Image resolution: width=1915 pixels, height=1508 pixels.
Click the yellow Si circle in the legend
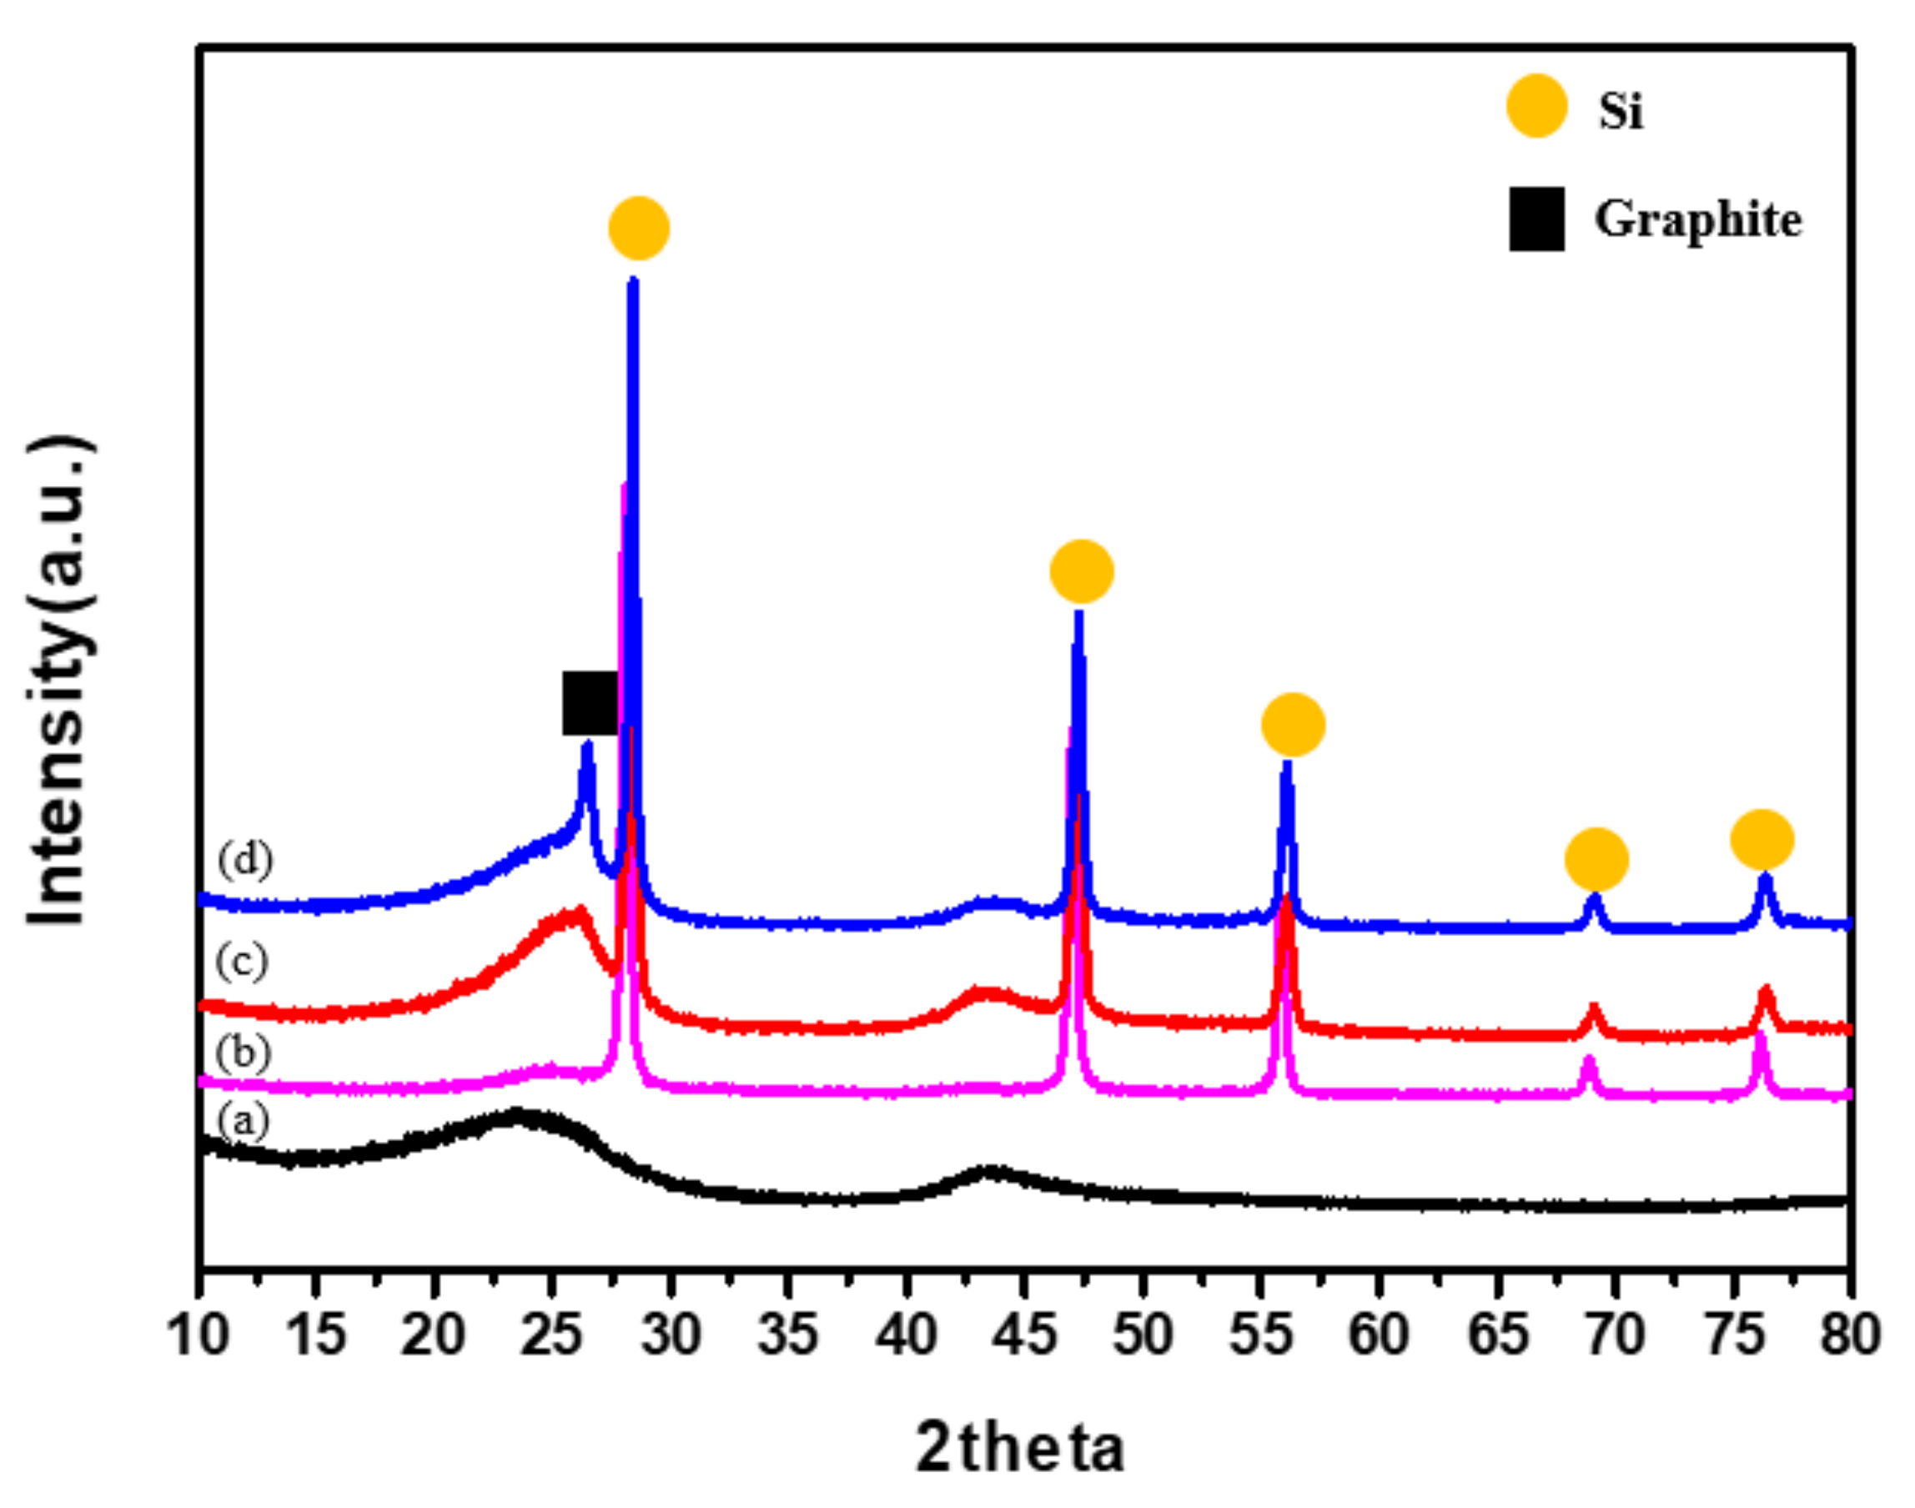(x=1536, y=107)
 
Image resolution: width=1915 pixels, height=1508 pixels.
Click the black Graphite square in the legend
(x=1536, y=219)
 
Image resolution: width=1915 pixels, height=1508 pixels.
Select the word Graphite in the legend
(x=1697, y=220)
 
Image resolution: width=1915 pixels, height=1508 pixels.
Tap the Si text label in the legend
(x=1620, y=111)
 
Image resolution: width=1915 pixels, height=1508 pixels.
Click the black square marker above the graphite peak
(x=590, y=703)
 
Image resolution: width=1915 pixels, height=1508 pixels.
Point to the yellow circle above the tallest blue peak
(x=638, y=229)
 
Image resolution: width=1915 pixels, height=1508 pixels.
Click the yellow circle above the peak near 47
(x=1082, y=571)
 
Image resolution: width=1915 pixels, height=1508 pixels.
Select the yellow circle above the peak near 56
(x=1293, y=725)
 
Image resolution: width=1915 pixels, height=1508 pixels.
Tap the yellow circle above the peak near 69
(x=1596, y=859)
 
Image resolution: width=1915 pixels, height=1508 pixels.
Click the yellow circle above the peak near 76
(x=1762, y=839)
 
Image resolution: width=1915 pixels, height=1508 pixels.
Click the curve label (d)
(x=244, y=859)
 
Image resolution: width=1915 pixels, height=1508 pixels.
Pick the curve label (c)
(x=241, y=962)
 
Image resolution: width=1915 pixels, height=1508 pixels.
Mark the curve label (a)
(x=242, y=1123)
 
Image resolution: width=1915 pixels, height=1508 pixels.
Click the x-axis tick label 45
(x=1024, y=1333)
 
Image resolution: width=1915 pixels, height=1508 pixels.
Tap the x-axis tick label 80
(x=1849, y=1333)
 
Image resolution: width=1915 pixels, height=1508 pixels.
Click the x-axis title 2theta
(x=1020, y=1448)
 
